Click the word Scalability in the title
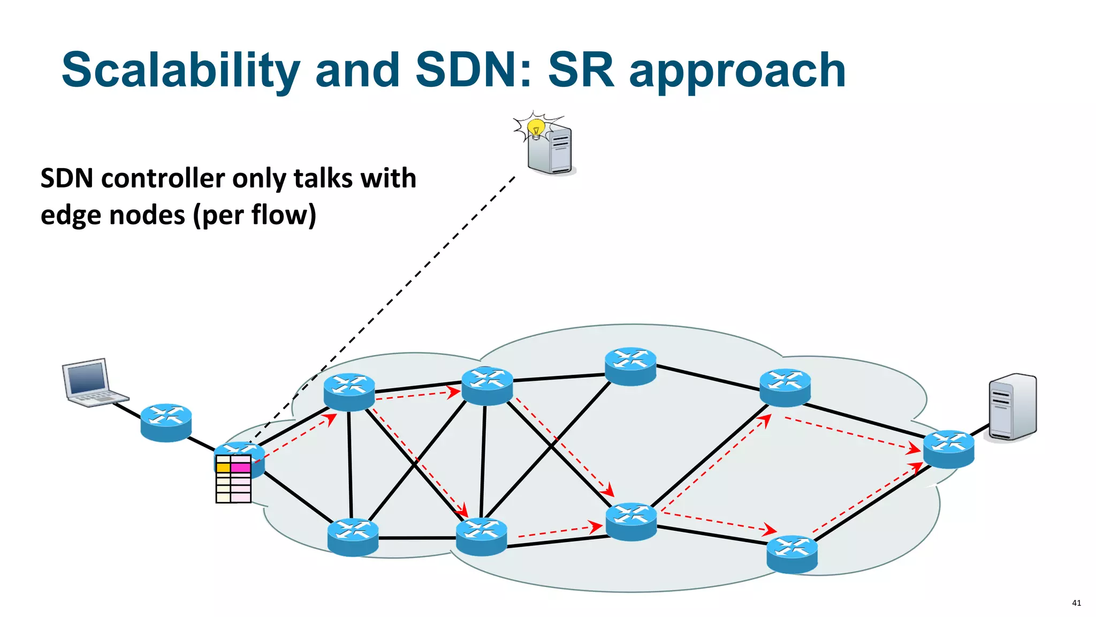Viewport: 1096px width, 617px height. tap(181, 70)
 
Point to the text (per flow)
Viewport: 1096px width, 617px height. tap(255, 215)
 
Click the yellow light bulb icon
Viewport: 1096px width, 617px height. tap(536, 129)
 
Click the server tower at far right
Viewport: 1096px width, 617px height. tap(1013, 407)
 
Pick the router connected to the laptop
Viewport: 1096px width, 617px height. tap(166, 423)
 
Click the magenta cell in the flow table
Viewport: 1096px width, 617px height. tap(240, 468)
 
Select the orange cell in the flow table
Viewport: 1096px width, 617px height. tap(223, 468)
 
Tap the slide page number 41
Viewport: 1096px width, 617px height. tap(1076, 603)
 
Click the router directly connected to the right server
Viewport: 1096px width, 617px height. tap(948, 449)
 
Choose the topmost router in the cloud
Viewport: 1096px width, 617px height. tap(630, 367)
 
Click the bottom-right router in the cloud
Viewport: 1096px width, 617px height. tap(792, 554)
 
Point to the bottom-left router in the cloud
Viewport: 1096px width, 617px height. tap(353, 537)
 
